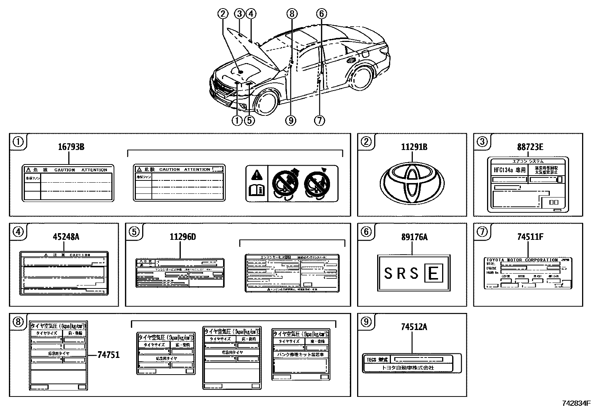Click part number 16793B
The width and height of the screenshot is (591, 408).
pos(71,147)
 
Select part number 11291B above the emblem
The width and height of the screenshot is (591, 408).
pos(414,147)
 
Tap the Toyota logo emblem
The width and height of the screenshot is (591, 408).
pos(412,183)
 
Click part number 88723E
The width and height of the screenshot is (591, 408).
pos(530,147)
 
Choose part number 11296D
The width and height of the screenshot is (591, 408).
pos(183,236)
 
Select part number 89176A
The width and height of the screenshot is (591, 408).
pos(414,236)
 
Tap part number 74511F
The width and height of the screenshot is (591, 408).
pos(530,236)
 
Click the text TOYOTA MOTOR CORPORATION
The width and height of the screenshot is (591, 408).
pos(522,260)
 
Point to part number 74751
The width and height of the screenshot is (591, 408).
pos(108,355)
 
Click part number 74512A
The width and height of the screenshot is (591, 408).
pos(414,327)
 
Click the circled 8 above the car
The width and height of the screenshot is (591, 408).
pos(292,14)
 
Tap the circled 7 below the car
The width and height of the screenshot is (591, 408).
pos(319,120)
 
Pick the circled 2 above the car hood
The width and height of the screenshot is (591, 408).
pos(223,14)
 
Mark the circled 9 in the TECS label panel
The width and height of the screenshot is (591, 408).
pos(366,322)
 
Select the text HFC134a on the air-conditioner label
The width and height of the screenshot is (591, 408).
pos(505,170)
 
